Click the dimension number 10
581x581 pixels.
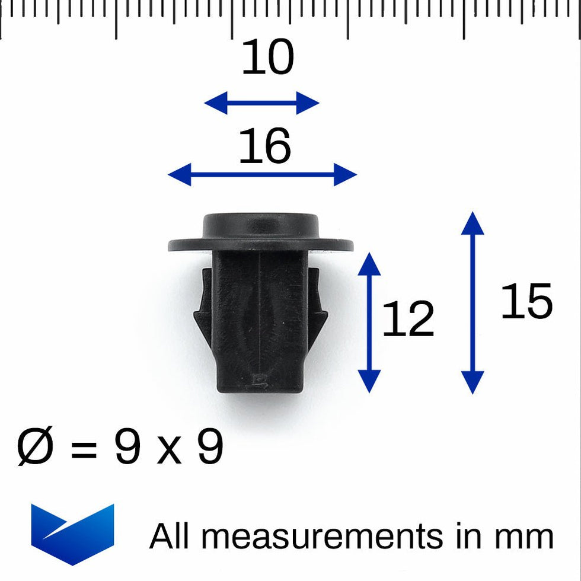[267, 59]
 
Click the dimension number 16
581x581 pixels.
[264, 147]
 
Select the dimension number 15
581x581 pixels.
[526, 301]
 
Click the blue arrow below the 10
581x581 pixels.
[261, 103]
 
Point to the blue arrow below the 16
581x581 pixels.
[262, 175]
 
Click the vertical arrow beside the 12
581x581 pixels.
[369, 322]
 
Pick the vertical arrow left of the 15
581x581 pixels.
[473, 302]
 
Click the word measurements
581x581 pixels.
[325, 537]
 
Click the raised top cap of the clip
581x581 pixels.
[261, 225]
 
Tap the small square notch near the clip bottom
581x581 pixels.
[258, 380]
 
